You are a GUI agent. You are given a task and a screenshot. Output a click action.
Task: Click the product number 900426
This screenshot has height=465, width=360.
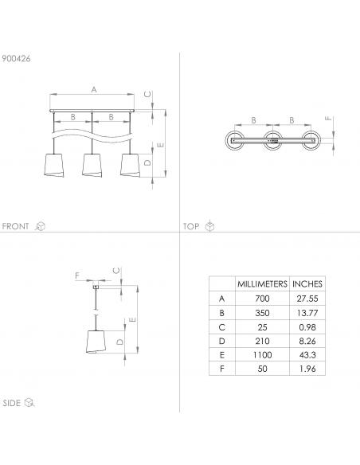[x=16, y=58]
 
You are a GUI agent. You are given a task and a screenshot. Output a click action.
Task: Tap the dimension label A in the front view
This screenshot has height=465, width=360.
[x=94, y=89]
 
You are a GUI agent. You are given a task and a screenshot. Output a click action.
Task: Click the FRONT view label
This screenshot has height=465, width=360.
[x=15, y=226]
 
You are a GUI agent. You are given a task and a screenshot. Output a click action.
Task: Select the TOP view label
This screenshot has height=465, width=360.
[x=191, y=226]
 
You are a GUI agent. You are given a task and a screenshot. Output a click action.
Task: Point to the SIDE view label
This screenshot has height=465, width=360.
[x=12, y=403]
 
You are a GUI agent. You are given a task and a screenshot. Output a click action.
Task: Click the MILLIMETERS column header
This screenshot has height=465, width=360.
[x=262, y=284]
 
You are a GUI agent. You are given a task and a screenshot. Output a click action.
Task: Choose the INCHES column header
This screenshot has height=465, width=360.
[x=307, y=284]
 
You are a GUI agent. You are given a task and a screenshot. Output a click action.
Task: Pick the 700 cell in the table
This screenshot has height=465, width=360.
[x=262, y=299]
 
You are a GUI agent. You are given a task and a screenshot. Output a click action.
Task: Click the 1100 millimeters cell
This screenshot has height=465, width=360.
[x=262, y=354]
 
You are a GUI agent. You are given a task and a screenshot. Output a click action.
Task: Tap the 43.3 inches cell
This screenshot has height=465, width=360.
[x=307, y=354]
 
